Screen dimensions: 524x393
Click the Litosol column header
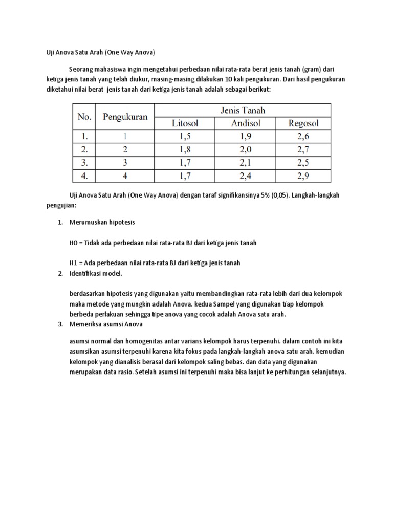click(x=185, y=123)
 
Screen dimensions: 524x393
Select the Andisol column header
click(x=246, y=123)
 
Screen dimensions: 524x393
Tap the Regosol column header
click(x=303, y=123)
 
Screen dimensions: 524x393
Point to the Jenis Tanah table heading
click(x=243, y=110)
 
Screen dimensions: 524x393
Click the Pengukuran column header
click(x=125, y=117)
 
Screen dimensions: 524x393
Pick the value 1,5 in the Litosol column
click(x=185, y=137)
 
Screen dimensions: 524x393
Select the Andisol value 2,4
click(x=246, y=176)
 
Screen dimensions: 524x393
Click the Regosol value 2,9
click(x=303, y=176)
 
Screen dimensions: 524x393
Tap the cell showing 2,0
click(x=246, y=150)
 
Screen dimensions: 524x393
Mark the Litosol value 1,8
click(x=185, y=150)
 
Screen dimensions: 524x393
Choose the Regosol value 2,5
click(x=303, y=163)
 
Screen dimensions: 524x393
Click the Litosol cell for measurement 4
click(x=185, y=176)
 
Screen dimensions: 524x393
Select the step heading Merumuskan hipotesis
click(x=102, y=223)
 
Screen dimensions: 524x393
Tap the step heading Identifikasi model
click(x=96, y=273)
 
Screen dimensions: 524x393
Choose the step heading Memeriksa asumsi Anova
click(x=106, y=324)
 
